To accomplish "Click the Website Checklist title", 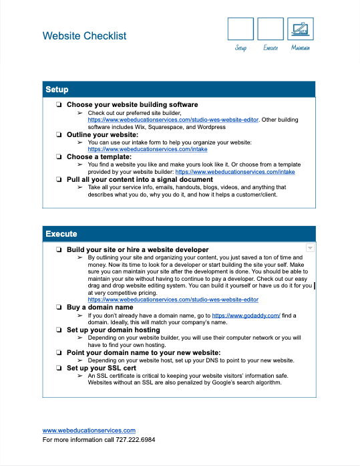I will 84,36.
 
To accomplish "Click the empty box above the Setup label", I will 240,29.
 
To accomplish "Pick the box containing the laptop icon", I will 301,29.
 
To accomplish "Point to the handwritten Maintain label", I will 301,48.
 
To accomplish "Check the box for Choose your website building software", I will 59,105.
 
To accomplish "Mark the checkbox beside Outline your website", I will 59,135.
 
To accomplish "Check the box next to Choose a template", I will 59,157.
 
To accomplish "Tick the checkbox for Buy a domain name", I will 59,308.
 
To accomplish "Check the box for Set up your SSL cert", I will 59,368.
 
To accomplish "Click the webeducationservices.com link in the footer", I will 89,431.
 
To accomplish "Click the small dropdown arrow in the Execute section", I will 309,248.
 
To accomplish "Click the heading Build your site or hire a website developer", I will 138,249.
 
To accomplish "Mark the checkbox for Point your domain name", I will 59,352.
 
